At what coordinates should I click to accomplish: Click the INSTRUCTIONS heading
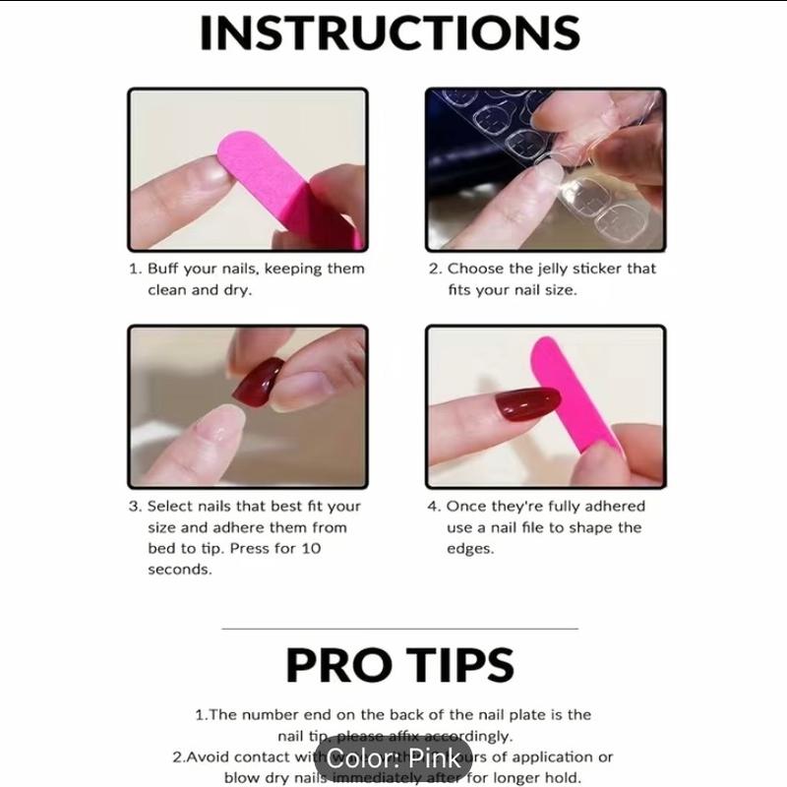390,32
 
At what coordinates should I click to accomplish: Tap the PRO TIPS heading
399,665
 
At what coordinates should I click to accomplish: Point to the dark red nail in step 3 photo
260,383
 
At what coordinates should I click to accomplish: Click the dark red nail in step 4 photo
526,403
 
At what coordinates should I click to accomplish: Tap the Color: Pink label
393,758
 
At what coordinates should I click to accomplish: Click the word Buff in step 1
164,269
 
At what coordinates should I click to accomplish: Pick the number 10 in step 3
311,549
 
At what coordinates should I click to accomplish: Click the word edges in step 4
469,549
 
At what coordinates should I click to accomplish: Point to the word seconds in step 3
179,570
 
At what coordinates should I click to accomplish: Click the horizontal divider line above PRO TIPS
399,628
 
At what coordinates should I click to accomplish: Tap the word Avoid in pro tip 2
208,757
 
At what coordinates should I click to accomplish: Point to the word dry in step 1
238,290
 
